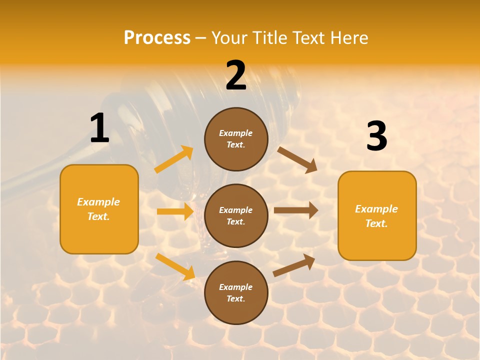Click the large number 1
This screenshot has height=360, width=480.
coord(100,129)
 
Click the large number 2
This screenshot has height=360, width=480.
coord(236,76)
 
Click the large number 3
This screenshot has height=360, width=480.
coord(376,136)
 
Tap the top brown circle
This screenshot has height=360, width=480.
coord(236,139)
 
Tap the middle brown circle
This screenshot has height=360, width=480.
coord(236,216)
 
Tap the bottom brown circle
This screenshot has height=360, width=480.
coord(236,293)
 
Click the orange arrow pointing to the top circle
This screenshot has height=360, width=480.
coord(174,159)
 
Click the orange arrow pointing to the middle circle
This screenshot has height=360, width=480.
coord(175,211)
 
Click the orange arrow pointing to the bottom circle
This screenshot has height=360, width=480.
coord(175,266)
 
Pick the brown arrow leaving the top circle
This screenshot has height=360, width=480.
coord(297,159)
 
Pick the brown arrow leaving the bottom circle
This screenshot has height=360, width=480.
coord(294,265)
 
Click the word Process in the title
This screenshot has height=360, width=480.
coord(157,37)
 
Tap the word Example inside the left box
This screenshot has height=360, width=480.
coord(98,202)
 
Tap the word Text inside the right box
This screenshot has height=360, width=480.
coord(376,223)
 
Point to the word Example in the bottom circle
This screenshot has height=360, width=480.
coord(235,287)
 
